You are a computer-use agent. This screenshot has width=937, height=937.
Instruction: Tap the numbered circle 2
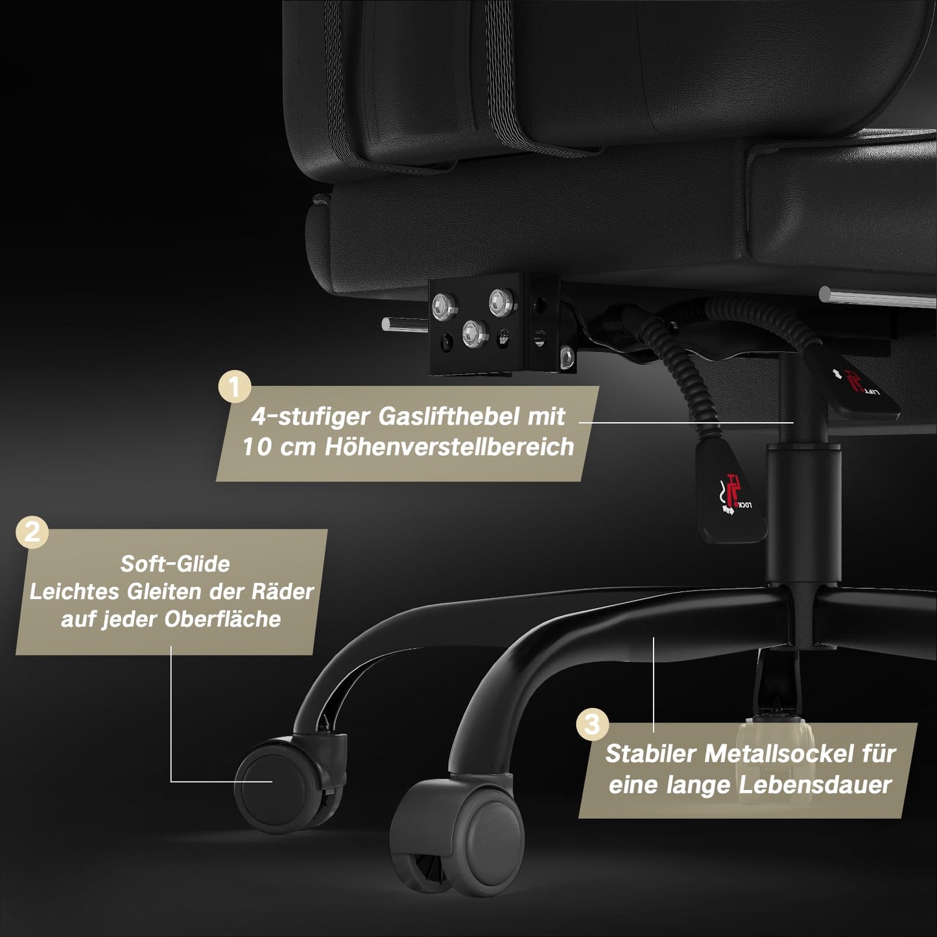coord(32,532)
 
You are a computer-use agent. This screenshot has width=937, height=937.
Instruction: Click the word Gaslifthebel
coord(447,417)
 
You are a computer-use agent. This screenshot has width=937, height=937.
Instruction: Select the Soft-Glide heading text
coord(175,564)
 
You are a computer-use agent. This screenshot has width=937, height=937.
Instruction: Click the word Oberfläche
coord(222,619)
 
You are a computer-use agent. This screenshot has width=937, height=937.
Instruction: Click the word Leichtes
coord(75,592)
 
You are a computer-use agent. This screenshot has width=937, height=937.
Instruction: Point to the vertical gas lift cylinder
coord(803,516)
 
